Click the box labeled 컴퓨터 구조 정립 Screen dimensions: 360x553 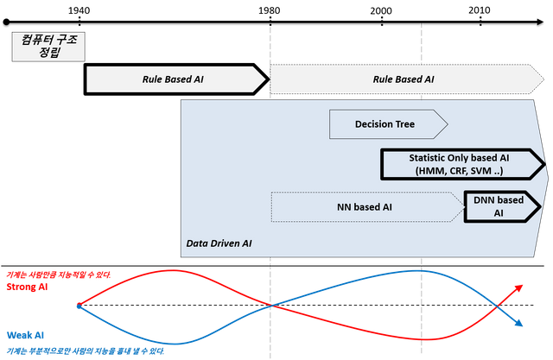[48, 46]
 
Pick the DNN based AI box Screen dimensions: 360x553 [499, 207]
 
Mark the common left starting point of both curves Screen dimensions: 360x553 [77, 305]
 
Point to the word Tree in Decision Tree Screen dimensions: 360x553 [403, 124]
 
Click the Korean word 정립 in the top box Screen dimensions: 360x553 [48, 54]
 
